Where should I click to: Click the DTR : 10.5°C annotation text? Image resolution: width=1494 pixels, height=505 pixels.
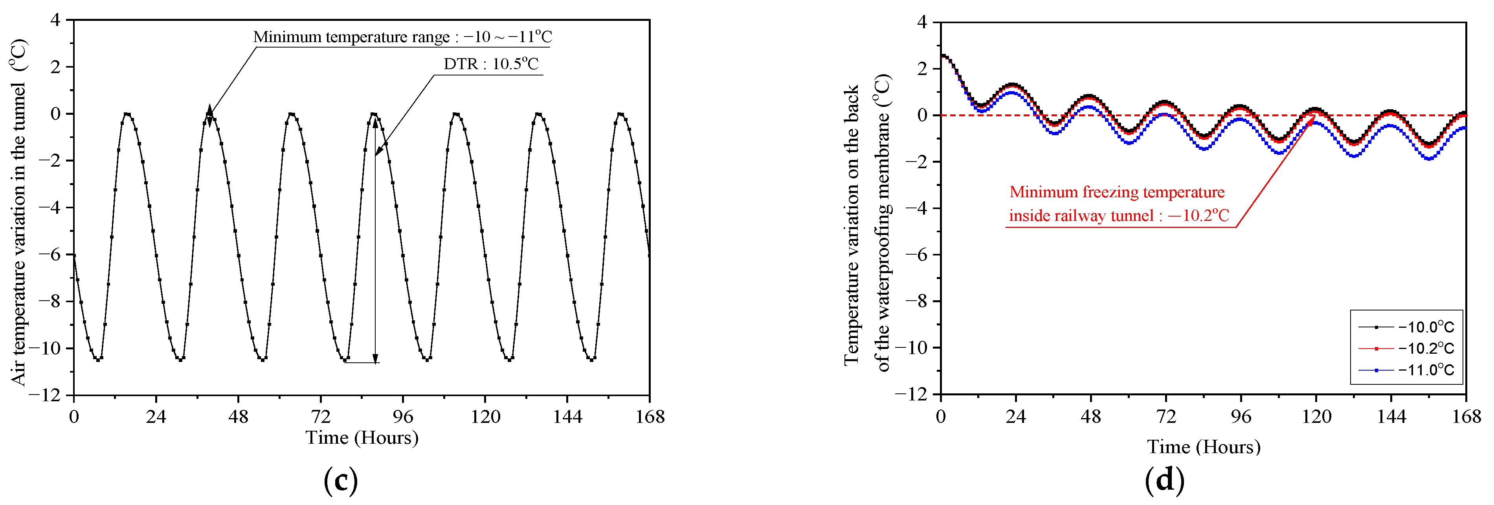click(491, 64)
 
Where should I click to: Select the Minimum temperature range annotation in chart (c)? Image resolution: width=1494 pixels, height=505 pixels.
click(402, 37)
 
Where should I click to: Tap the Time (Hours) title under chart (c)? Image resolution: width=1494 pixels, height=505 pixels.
click(362, 438)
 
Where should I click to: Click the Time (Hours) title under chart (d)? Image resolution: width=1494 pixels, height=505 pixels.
click(1204, 447)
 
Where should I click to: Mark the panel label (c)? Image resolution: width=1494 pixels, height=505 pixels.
click(340, 480)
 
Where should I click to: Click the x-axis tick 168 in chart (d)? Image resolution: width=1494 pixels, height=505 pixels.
click(1466, 416)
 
